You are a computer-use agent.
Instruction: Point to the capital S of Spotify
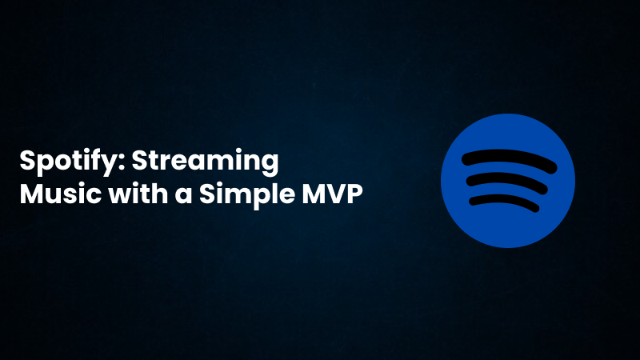coord(27,162)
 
